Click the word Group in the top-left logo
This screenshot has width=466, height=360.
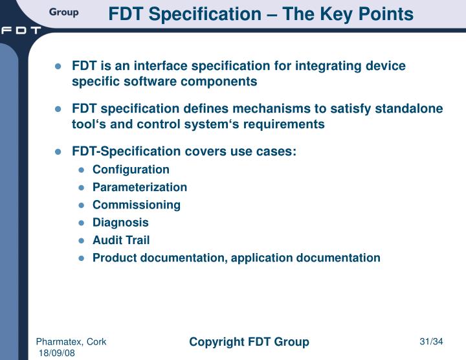click(x=63, y=12)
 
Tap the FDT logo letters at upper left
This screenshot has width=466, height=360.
click(x=21, y=30)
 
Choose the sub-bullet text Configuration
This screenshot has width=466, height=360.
click(x=131, y=170)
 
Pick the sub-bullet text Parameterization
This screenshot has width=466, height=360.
click(x=140, y=187)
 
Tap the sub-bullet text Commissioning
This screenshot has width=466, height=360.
click(x=137, y=205)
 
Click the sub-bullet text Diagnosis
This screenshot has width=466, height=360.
click(x=120, y=222)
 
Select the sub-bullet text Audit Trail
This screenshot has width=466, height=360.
click(x=121, y=240)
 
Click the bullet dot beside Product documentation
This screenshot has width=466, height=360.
click(x=82, y=258)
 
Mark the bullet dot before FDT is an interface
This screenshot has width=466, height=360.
click(x=58, y=67)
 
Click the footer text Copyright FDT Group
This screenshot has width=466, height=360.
click(x=249, y=341)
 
